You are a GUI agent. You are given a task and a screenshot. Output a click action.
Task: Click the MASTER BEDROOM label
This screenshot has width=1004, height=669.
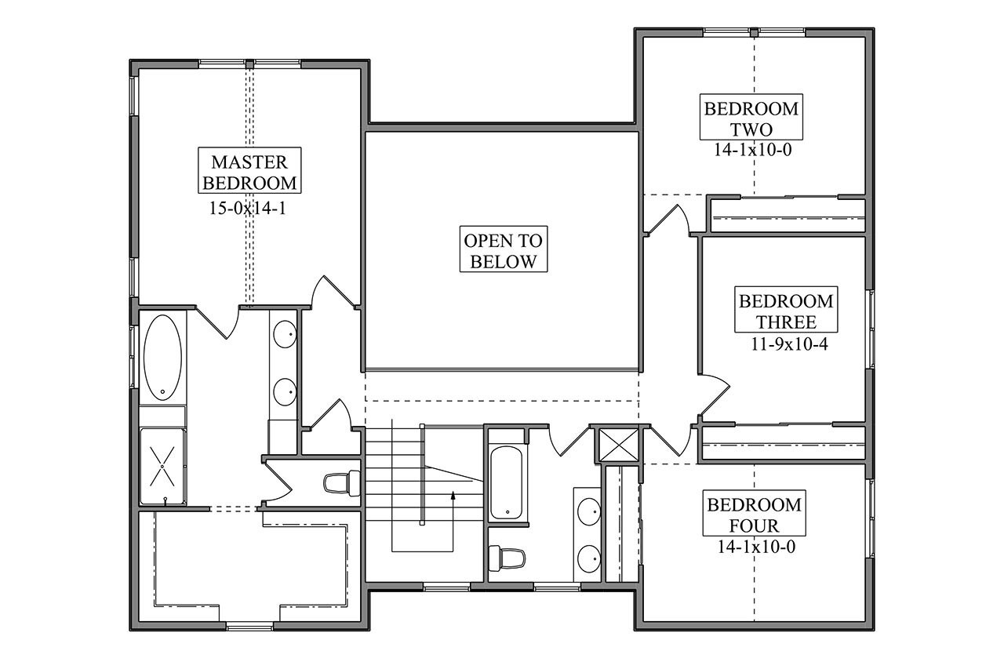pyautogui.click(x=249, y=173)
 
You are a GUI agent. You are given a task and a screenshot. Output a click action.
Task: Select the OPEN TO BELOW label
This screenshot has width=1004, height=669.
pyautogui.click(x=503, y=250)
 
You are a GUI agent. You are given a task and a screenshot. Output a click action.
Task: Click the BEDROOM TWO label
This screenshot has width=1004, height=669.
pyautogui.click(x=751, y=118)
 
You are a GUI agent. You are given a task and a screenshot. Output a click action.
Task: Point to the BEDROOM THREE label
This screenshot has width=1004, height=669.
pyautogui.click(x=784, y=311)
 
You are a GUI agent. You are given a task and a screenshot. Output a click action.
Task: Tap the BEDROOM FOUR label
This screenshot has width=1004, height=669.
pyautogui.click(x=754, y=514)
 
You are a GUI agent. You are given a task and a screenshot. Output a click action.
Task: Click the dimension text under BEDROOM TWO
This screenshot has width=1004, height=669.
pyautogui.click(x=751, y=150)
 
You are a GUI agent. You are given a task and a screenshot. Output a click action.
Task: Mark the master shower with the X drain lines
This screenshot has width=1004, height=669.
pyautogui.click(x=163, y=467)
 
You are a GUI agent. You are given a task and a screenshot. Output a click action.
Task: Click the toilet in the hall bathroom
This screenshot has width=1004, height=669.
pyautogui.click(x=506, y=558)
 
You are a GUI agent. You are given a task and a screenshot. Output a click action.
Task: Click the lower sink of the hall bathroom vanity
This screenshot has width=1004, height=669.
pyautogui.click(x=589, y=558)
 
